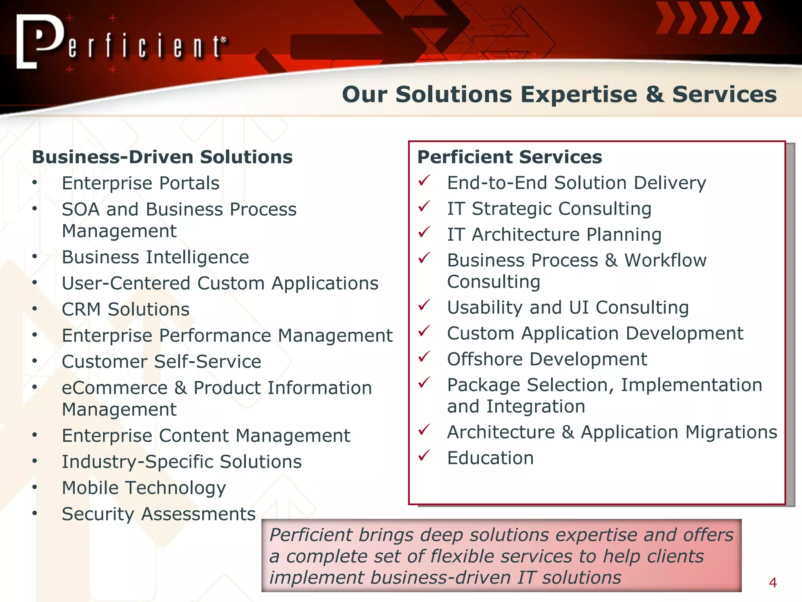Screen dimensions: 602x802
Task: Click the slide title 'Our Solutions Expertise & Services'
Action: [x=559, y=94]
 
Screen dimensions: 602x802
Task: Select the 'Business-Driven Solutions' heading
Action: [x=162, y=157]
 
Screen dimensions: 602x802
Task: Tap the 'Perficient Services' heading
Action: [x=509, y=157]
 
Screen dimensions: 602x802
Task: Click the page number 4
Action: [x=773, y=583]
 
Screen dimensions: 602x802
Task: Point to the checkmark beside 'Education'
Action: [x=424, y=455]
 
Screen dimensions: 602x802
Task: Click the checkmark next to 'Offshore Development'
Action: [x=424, y=357]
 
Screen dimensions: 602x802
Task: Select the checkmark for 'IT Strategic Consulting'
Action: [x=424, y=206]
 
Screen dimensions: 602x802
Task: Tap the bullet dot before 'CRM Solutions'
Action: [x=35, y=309]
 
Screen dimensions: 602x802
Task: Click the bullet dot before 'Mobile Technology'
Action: [x=35, y=487]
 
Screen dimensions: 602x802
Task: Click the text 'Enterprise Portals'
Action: [x=141, y=183]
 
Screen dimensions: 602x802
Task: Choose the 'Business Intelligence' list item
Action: [x=155, y=257]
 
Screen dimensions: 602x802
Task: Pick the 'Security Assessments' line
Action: [x=159, y=514]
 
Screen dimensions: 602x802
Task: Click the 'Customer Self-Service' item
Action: [x=161, y=362]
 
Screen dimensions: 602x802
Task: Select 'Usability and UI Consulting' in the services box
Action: [x=568, y=308]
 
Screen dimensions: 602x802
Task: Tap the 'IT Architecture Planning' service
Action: [x=554, y=235]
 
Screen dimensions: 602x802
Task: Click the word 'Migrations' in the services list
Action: [x=731, y=432]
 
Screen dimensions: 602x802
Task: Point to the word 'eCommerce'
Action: [x=115, y=388]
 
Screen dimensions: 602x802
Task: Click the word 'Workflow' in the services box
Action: [x=665, y=261]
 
